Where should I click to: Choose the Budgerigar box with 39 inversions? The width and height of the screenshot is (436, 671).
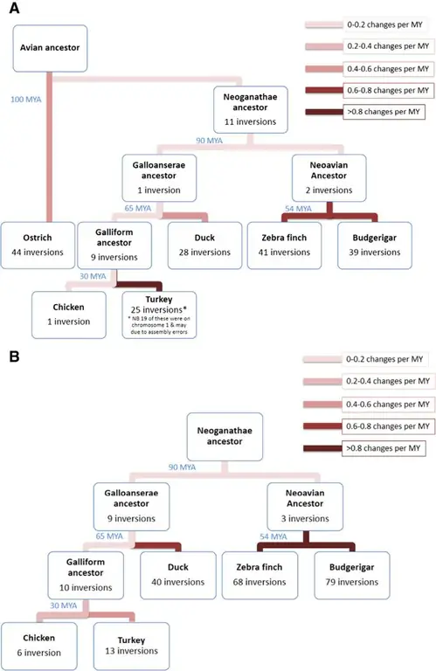[370, 244]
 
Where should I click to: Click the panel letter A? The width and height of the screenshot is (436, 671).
[10, 10]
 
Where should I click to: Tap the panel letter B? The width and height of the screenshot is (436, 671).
[10, 359]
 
